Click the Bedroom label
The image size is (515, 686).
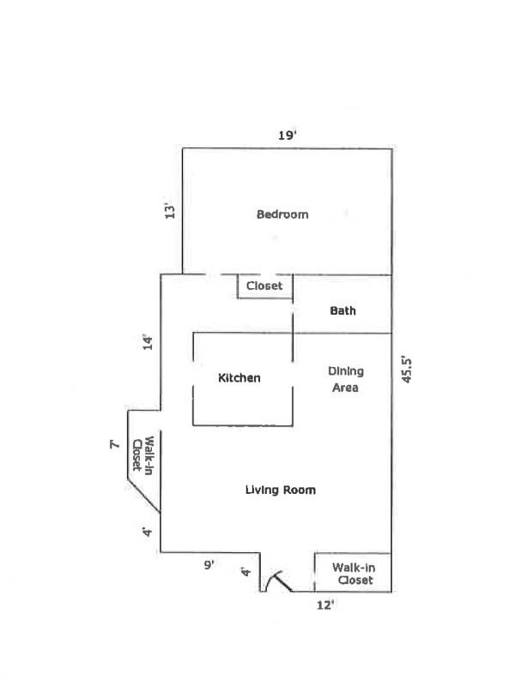[282, 214]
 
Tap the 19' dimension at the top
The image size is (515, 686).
[287, 135]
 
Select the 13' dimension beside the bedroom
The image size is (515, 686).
[170, 211]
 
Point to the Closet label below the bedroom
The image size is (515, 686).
[264, 286]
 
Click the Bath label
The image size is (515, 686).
[342, 311]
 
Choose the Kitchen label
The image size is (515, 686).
[239, 378]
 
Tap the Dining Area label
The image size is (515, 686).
[346, 379]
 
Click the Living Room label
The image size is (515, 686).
[281, 490]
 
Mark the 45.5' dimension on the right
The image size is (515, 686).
[408, 368]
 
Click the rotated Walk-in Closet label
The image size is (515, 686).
[142, 454]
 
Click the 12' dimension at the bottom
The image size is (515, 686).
[325, 605]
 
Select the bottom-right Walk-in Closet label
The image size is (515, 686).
[354, 574]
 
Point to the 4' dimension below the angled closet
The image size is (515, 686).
[148, 533]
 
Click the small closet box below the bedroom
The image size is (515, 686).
[264, 287]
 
